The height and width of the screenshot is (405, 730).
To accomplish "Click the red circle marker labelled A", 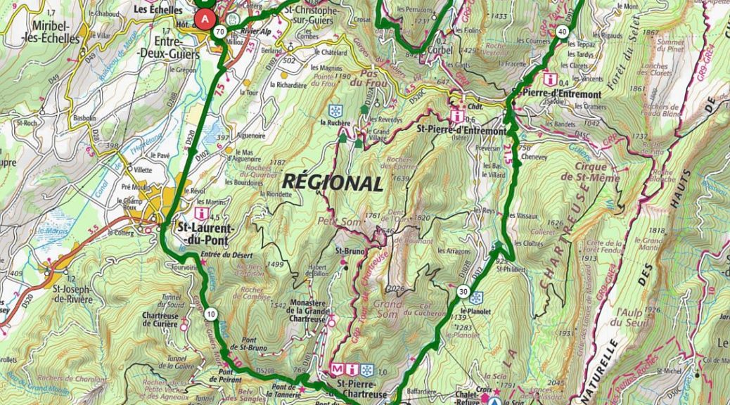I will click(x=205, y=19).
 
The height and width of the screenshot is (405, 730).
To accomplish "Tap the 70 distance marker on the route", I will click(x=220, y=32).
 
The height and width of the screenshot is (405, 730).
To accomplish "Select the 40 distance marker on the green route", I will click(x=561, y=32).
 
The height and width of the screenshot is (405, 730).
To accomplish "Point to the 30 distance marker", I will click(x=463, y=291).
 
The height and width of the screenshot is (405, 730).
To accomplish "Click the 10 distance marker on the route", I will click(x=211, y=315).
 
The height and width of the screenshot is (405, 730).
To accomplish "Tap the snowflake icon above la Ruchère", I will click(x=336, y=111).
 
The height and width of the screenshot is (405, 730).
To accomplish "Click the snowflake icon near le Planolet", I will click(x=476, y=297).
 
